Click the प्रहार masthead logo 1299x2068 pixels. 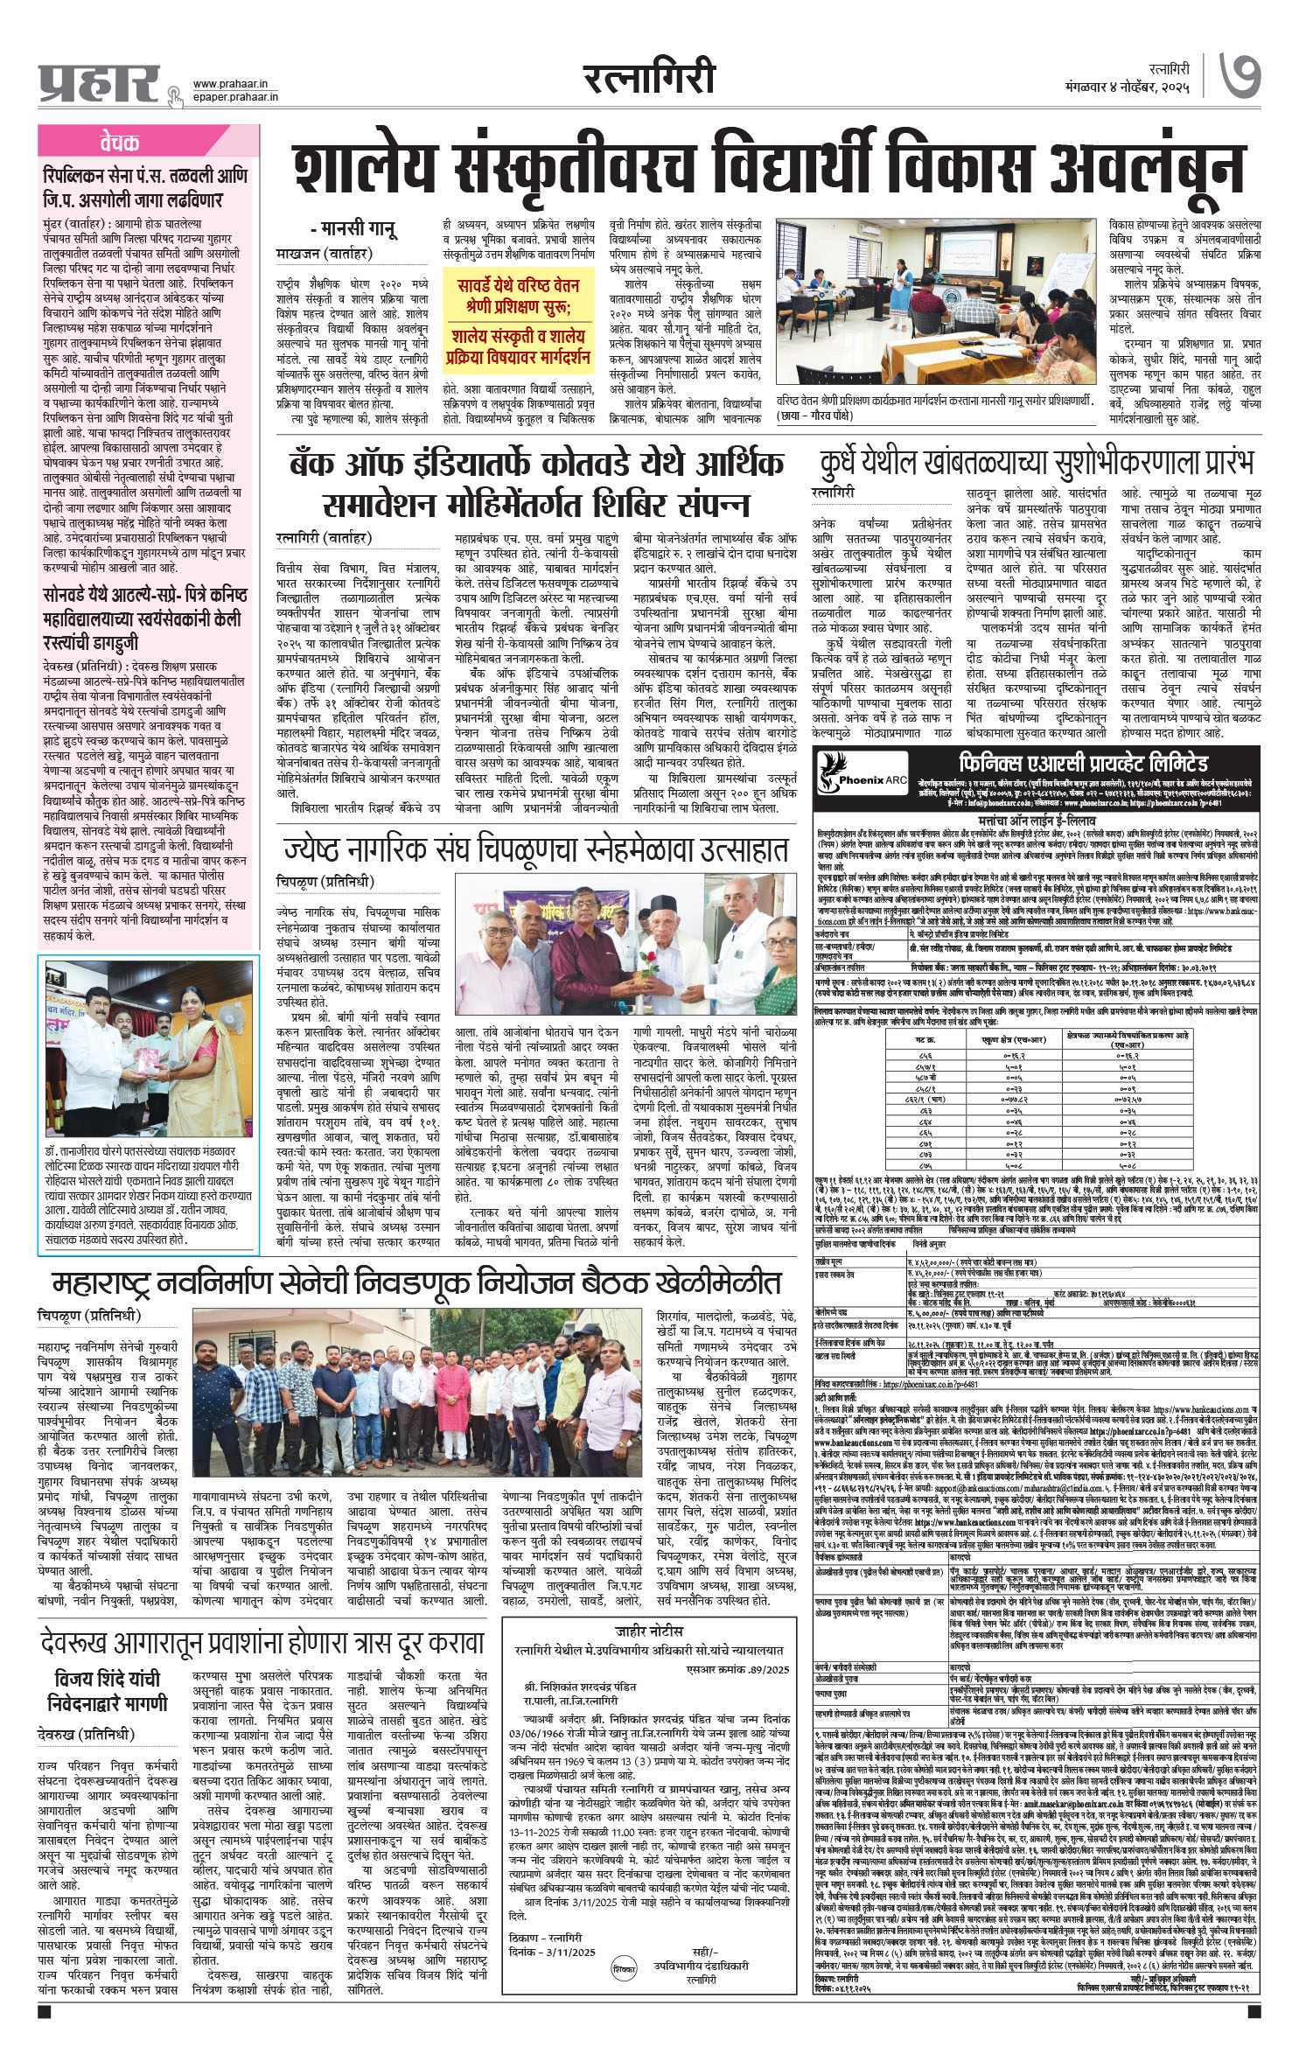98,83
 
